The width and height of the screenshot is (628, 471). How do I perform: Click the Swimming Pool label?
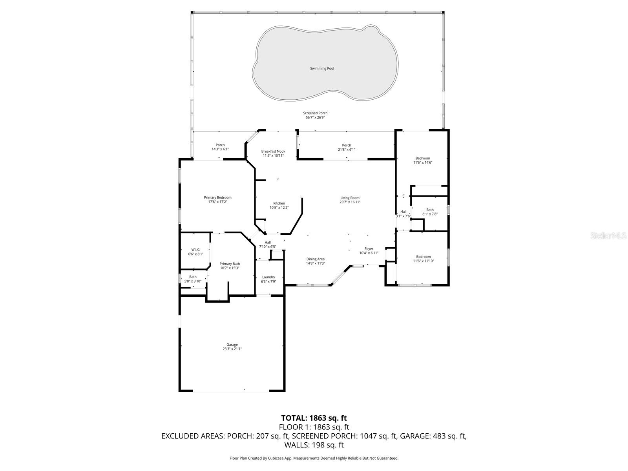pos(322,69)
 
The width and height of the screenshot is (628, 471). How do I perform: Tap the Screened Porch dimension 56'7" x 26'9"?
pos(315,117)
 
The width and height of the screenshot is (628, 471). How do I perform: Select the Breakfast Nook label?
pos(273,152)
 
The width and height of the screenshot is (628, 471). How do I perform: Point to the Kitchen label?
pos(279,203)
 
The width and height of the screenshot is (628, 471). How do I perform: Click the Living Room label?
pos(349,198)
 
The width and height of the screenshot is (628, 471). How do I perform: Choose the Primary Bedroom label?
pos(217,197)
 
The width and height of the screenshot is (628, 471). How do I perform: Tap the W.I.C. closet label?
pos(195,250)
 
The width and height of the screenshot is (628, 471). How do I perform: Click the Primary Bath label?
pos(230,264)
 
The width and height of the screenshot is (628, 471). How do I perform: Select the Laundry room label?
pos(268,277)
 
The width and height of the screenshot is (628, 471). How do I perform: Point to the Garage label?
pos(232,345)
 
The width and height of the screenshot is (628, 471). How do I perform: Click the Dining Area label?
pos(315,259)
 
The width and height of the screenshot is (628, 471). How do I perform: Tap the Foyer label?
pos(369,248)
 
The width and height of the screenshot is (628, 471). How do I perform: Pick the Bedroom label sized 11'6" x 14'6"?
pos(423,158)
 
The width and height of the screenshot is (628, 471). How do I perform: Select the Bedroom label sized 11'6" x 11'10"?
pos(424,257)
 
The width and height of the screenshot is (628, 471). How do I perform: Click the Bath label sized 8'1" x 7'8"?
pos(430,210)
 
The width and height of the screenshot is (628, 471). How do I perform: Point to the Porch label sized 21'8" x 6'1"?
pos(346,145)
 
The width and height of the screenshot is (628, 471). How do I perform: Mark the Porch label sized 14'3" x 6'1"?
pos(220,145)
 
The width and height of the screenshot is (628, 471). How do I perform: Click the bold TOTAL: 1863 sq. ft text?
pos(314,418)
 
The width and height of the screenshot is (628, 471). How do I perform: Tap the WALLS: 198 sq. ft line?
pos(314,445)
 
